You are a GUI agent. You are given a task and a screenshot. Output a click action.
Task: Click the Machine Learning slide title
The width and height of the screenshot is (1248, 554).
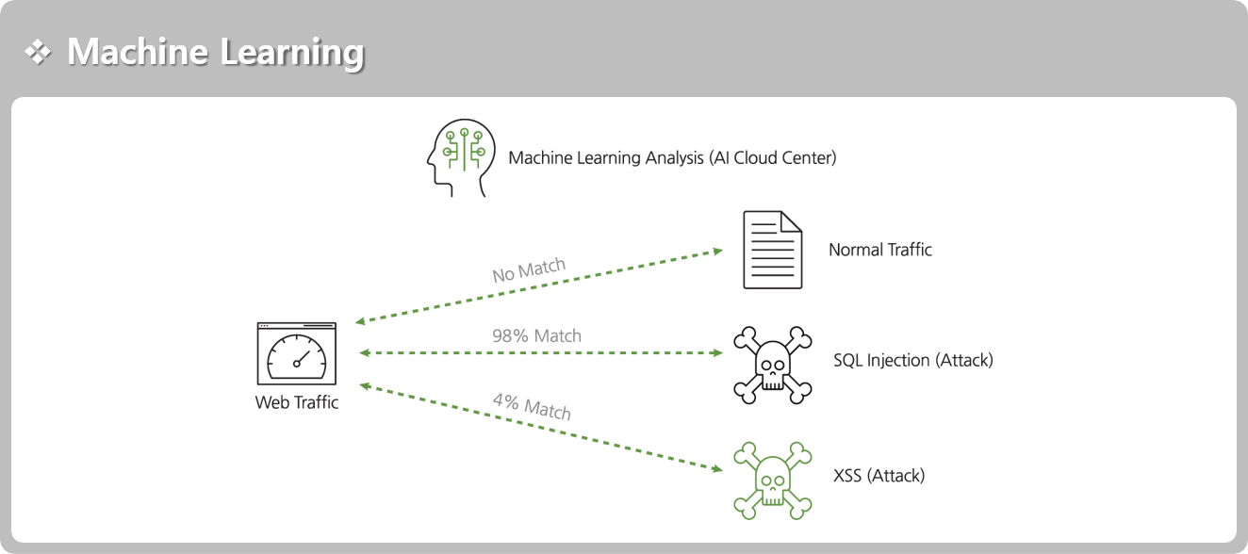pos(216,53)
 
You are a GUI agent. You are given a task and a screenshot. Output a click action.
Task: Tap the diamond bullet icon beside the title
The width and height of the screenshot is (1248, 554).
pos(38,52)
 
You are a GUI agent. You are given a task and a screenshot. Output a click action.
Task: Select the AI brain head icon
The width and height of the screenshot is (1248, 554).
pos(461,157)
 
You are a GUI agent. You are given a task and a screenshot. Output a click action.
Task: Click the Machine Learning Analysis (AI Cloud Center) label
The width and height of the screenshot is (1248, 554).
pos(672,158)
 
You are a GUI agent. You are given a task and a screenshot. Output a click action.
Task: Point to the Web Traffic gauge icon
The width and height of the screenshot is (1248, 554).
pos(296,353)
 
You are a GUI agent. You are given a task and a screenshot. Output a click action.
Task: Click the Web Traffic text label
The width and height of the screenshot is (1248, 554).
pos(296,402)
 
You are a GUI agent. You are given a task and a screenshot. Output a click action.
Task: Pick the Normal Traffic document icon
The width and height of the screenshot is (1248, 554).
pos(772,250)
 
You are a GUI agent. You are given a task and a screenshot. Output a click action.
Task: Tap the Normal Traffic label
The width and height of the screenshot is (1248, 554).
pos(879,250)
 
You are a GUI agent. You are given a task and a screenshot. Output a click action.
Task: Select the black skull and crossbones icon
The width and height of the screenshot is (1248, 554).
pos(772,365)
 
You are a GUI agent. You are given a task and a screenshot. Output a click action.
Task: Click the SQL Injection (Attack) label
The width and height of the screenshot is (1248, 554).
pos(913,360)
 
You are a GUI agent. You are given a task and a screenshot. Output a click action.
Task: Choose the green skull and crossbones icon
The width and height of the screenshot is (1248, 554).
pos(772,481)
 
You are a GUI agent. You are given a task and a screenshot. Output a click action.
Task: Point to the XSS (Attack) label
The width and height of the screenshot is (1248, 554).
pos(879,476)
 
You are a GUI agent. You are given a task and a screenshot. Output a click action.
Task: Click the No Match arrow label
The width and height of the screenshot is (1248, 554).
pos(529,270)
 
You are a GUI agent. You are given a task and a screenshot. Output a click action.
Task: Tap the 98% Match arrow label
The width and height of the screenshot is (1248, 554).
pos(536,335)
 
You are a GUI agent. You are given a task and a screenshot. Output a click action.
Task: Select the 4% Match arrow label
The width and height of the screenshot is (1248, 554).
pos(532,406)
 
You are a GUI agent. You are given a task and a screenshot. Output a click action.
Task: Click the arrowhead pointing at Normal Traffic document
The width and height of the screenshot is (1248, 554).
pos(718,252)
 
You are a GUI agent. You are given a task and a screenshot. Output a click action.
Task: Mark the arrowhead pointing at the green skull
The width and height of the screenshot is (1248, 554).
pos(717,469)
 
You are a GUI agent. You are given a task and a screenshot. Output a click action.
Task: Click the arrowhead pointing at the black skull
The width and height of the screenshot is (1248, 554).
pos(717,352)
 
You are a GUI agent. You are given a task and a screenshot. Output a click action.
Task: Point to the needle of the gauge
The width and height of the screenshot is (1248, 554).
pos(302,358)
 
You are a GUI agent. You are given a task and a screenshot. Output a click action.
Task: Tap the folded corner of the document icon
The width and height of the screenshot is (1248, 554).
pos(791,221)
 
